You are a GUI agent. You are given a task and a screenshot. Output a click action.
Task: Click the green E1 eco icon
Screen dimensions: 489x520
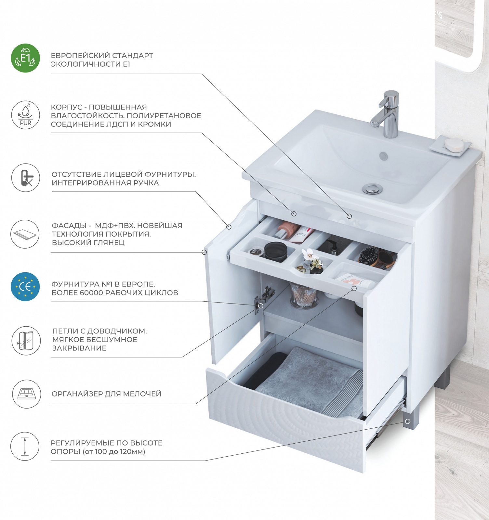point(25,58)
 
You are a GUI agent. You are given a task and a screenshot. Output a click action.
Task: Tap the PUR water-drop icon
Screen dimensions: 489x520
point(25,114)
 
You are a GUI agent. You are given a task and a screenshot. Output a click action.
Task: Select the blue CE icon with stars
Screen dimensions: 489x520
point(25,287)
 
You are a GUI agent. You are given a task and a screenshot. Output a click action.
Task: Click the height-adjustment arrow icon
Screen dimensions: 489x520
point(25,446)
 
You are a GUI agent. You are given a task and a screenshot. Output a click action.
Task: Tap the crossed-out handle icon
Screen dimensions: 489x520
point(25,177)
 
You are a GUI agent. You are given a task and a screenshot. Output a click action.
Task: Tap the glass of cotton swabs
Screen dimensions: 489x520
point(303,295)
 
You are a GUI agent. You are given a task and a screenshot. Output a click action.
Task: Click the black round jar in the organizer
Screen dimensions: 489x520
point(276,252)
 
